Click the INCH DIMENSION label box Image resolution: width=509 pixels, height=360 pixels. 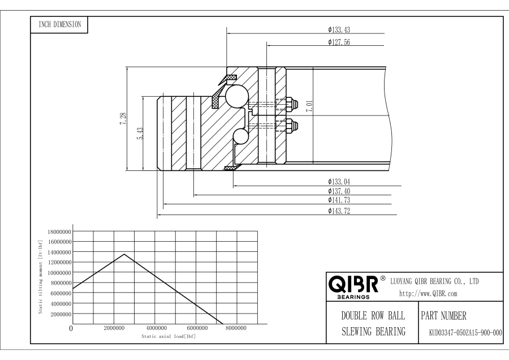[59, 24]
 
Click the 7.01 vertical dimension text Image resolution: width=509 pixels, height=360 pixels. [309, 108]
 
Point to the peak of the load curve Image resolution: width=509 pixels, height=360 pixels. [124, 254]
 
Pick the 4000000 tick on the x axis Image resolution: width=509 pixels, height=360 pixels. [157, 328]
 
